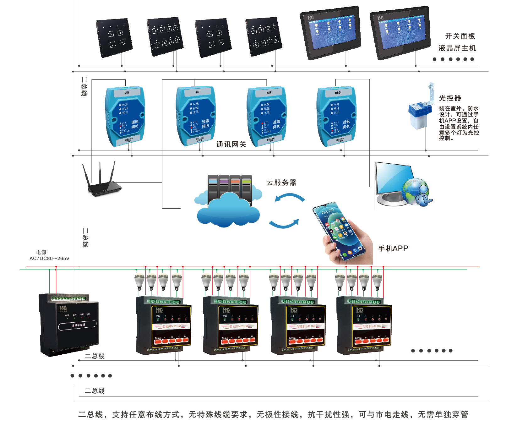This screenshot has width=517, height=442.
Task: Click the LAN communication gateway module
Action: (x=125, y=116)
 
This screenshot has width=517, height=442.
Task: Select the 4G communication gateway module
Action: (x=196, y=116)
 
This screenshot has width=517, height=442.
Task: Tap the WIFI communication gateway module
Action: (x=267, y=116)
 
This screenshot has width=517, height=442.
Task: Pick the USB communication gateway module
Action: (x=336, y=116)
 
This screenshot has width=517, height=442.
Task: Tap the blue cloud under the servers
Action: (x=228, y=210)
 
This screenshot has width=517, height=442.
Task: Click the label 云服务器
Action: (x=281, y=183)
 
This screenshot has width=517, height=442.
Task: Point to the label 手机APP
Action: (x=393, y=248)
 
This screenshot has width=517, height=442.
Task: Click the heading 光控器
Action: (x=450, y=98)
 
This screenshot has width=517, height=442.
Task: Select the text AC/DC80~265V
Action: (x=49, y=259)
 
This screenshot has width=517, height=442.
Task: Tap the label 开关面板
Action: (x=460, y=36)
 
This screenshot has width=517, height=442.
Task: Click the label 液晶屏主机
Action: (x=457, y=48)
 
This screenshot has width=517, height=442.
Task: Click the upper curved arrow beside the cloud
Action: (x=289, y=198)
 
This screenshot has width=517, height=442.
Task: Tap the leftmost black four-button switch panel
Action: (x=114, y=38)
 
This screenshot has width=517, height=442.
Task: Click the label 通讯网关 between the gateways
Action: (x=231, y=145)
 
